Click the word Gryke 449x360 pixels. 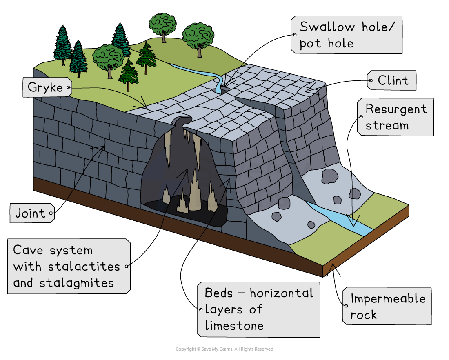[45, 88]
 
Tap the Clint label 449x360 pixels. [393, 81]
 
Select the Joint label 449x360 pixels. [30, 213]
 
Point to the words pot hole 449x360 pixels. [326, 43]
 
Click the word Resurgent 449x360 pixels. [396, 109]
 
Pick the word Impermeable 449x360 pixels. [388, 299]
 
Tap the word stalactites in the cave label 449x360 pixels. [84, 267]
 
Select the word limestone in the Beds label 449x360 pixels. [234, 325]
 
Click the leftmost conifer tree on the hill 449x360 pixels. [62, 46]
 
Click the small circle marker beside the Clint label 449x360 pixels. [371, 81]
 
